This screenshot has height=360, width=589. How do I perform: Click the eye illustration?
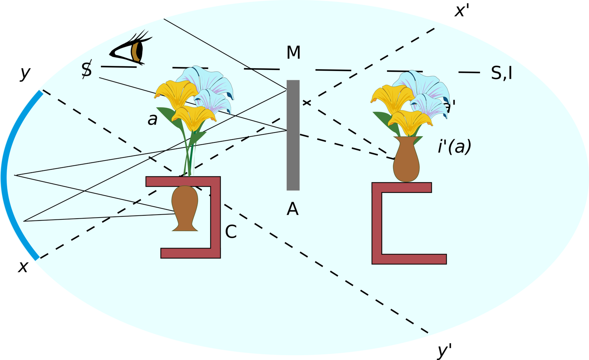[131, 49]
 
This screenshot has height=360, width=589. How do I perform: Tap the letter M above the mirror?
[293, 53]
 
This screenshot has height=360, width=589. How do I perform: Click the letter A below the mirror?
[292, 209]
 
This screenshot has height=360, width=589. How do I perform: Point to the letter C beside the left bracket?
[230, 232]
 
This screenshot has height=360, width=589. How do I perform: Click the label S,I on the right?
[501, 74]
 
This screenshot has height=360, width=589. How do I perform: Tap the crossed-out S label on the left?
[87, 70]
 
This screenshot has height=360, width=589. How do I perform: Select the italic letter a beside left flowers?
[152, 120]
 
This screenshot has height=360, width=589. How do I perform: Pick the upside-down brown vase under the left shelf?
[185, 208]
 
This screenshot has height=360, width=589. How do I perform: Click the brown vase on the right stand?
[406, 160]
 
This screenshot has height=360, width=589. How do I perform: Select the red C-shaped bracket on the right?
[378, 225]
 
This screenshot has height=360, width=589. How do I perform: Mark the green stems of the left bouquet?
[190, 155]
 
